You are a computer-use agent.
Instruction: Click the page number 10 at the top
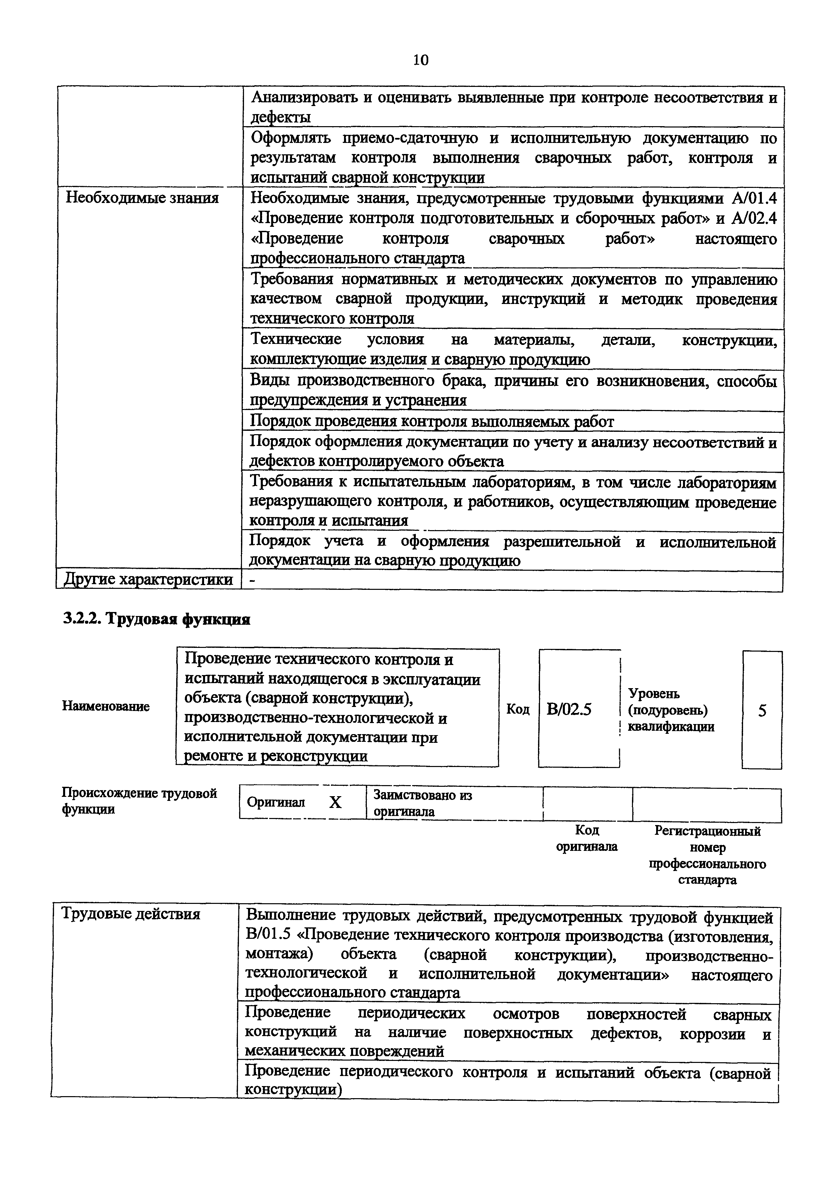(x=420, y=60)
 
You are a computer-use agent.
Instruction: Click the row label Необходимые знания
(x=142, y=198)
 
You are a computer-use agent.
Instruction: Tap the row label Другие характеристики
(x=148, y=580)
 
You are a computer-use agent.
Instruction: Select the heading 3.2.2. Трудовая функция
(x=156, y=619)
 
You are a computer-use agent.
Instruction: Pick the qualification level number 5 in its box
(x=762, y=711)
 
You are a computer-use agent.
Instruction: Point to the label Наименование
(x=106, y=706)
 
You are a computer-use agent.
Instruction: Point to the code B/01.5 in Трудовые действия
(x=268, y=934)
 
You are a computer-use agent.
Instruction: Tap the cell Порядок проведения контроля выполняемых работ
(x=431, y=421)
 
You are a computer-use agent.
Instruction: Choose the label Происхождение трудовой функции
(x=139, y=801)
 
